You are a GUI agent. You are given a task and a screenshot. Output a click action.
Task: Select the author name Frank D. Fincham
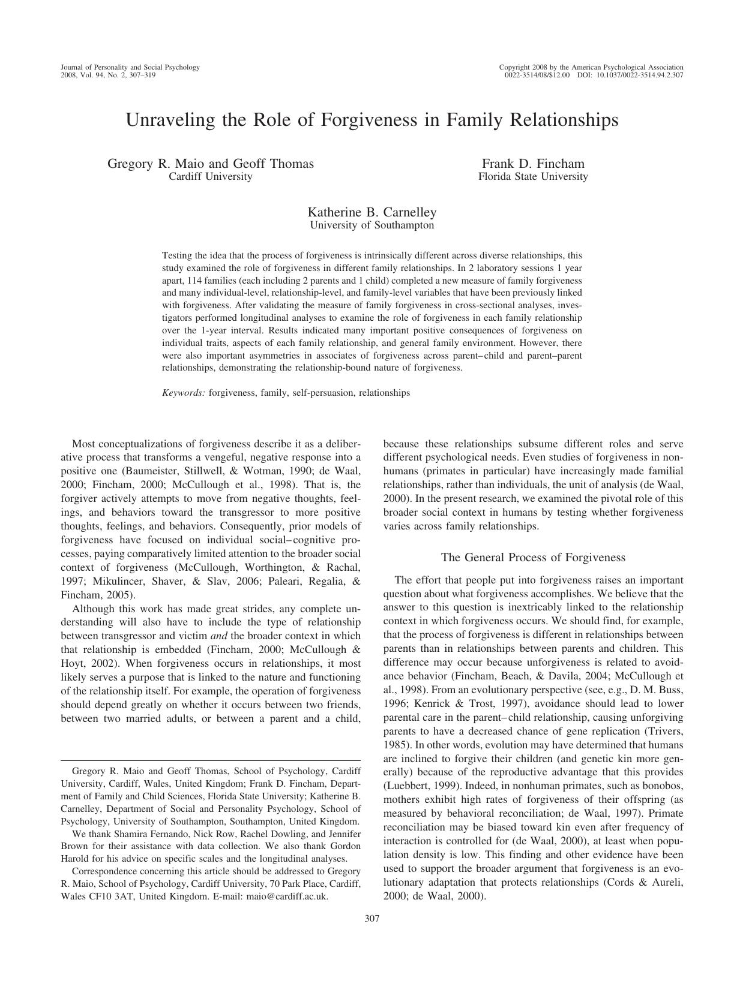(533, 164)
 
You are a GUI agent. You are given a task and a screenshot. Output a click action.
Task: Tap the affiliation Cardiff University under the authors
(210, 177)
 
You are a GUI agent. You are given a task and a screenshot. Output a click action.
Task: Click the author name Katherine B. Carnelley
(372, 212)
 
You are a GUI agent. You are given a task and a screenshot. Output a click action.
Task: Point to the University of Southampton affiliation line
(371, 225)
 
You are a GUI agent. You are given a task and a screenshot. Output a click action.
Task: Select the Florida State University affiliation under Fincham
(533, 177)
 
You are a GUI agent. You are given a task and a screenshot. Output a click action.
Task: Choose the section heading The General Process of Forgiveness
(533, 557)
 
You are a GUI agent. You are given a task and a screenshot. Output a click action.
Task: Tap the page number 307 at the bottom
(371, 918)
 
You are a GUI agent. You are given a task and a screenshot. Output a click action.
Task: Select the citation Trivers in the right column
(666, 731)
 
